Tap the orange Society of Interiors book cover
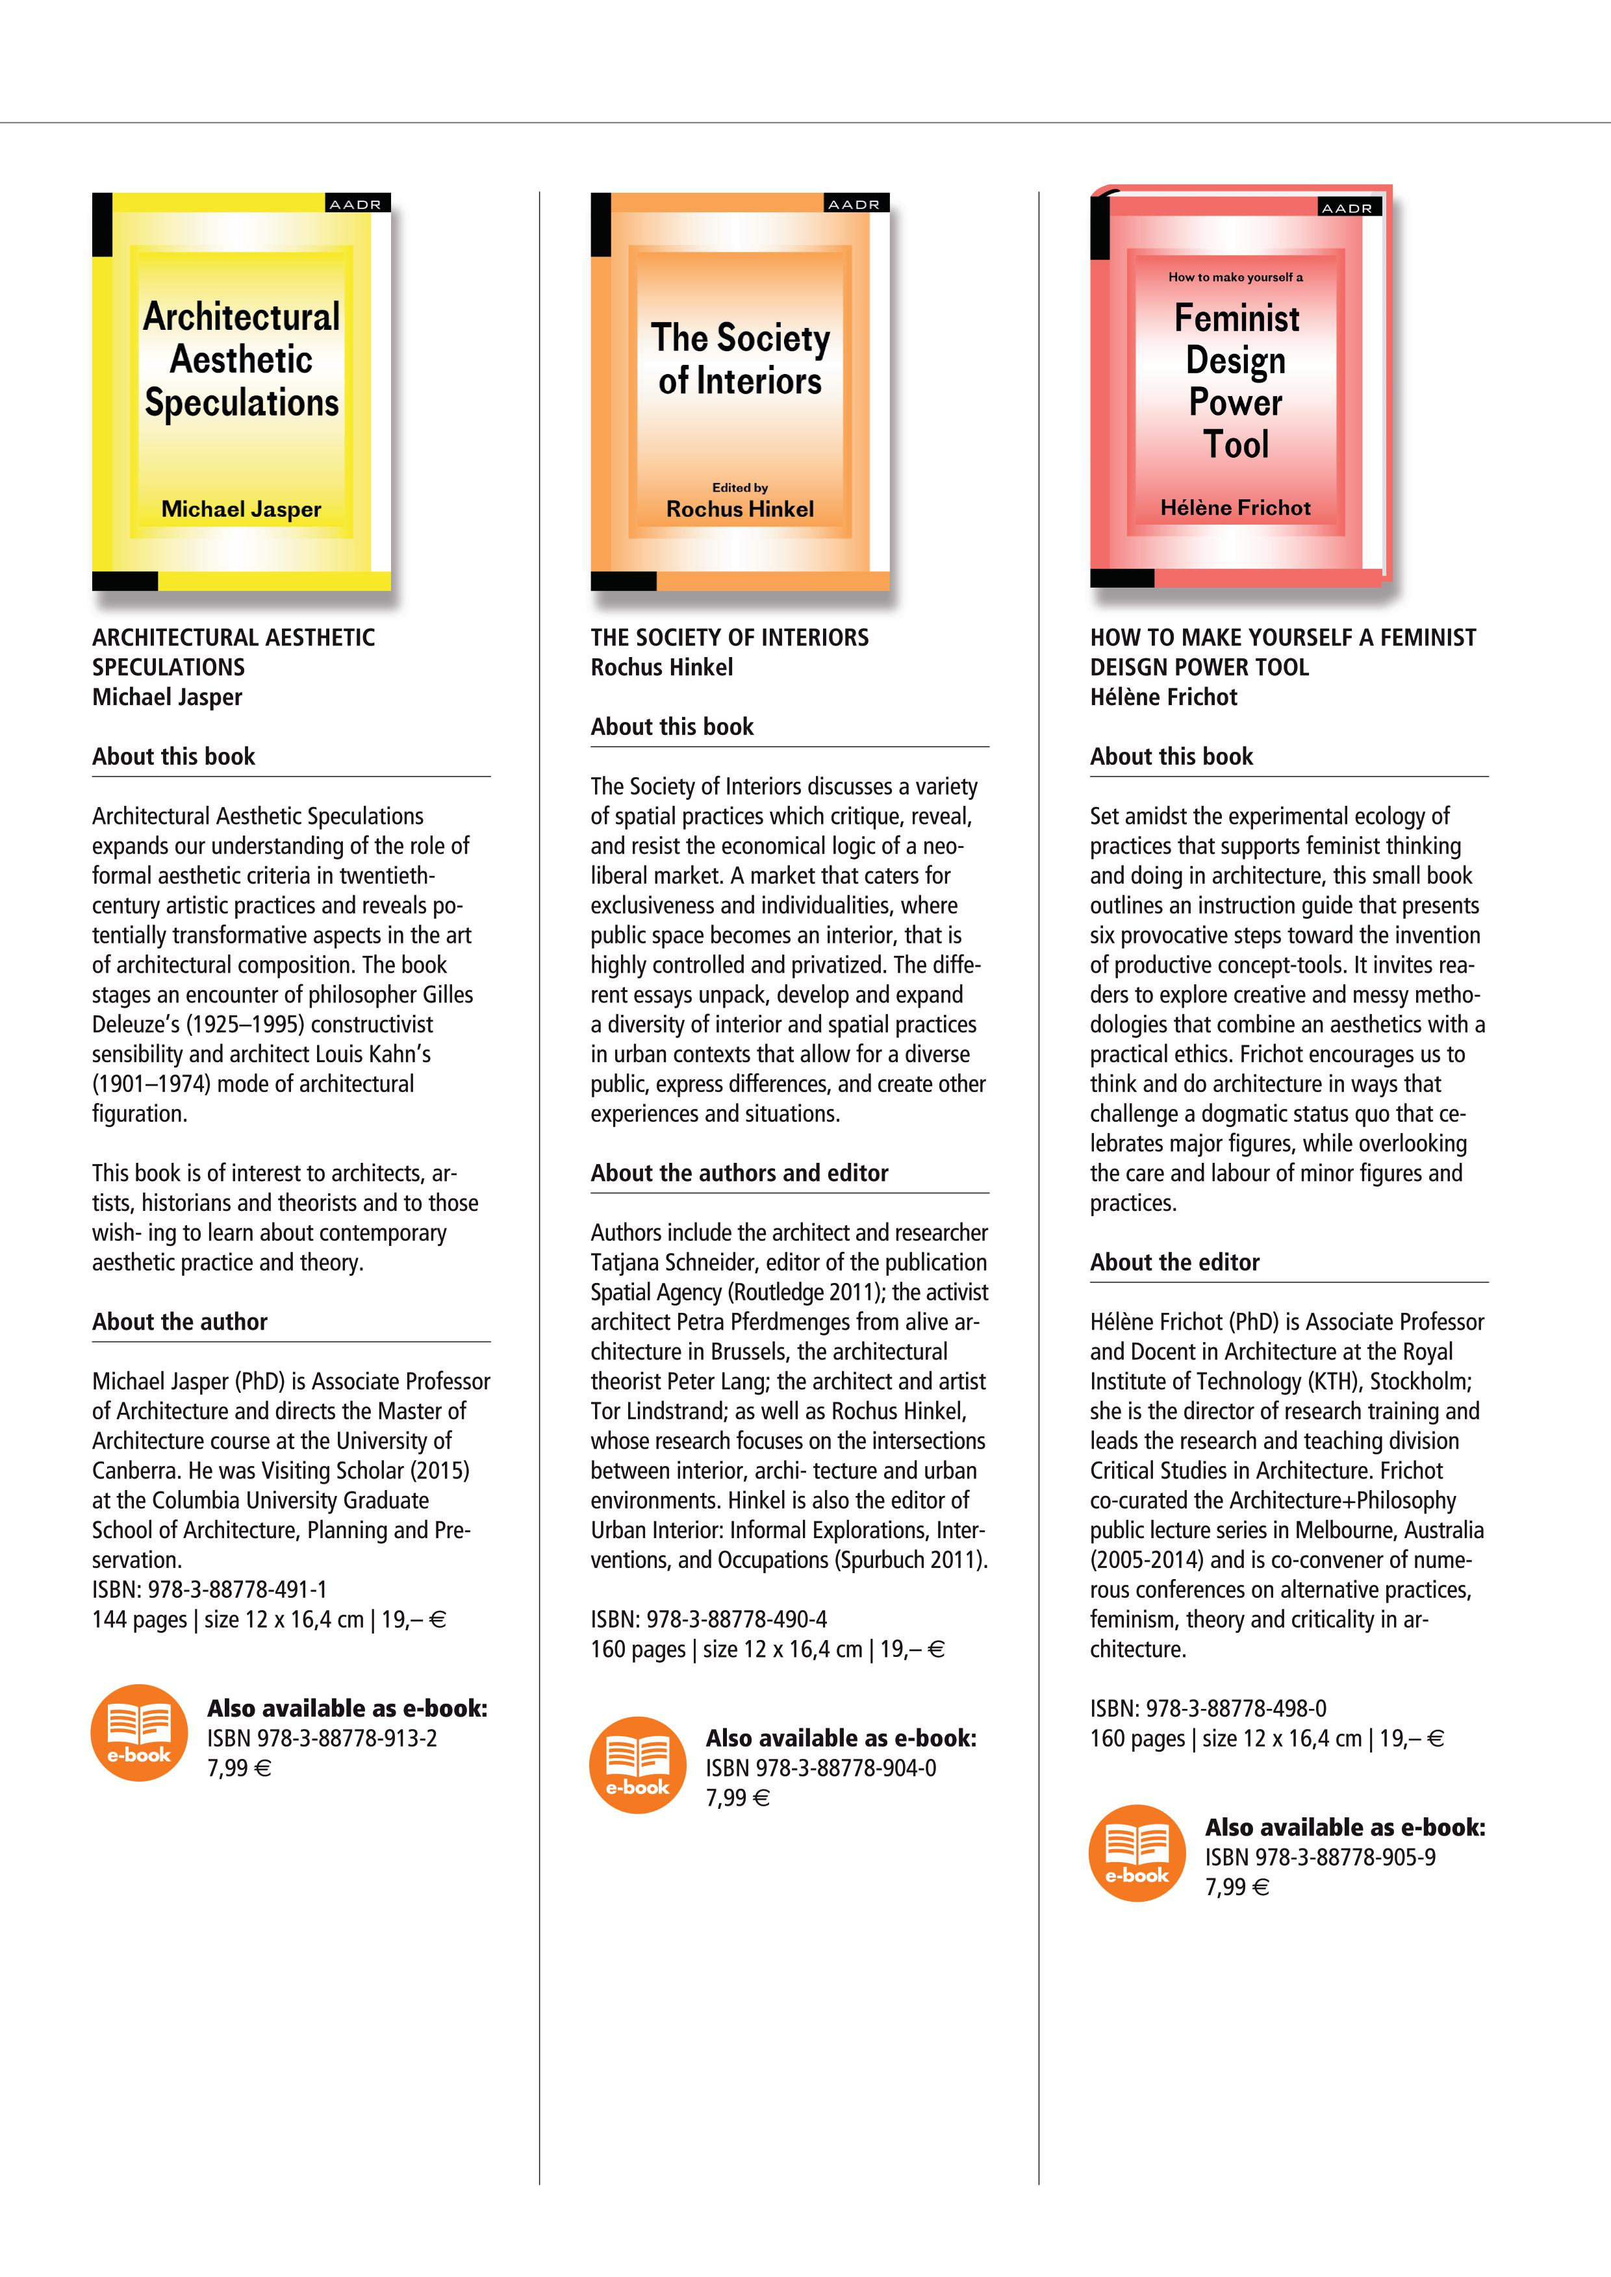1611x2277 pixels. (740, 391)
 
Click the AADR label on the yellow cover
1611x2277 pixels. (355, 205)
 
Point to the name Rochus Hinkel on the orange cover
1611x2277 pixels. (740, 509)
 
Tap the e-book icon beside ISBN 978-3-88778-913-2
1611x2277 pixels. (139, 1732)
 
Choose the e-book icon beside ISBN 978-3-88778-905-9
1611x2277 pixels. (1137, 1852)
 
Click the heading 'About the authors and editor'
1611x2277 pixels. (739, 1173)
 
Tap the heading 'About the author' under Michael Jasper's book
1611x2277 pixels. (179, 1322)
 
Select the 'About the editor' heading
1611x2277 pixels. (1174, 1262)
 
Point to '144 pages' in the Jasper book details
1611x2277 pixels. (139, 1619)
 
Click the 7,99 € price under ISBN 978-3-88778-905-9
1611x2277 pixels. (1236, 1887)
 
